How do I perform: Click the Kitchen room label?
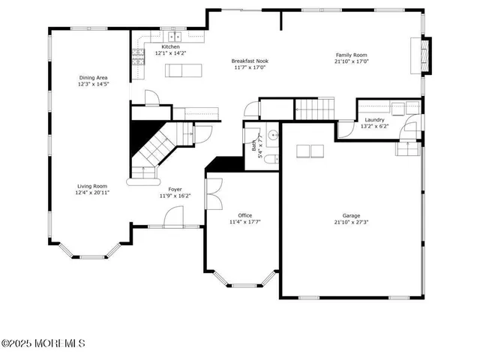[170, 46]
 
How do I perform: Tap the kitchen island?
[184, 70]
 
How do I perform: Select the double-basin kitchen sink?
[175, 36]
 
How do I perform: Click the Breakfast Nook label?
[250, 61]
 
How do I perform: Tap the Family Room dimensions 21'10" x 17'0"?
[351, 62]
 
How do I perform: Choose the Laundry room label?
[375, 120]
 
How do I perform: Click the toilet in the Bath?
[274, 157]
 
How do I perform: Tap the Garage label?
[351, 215]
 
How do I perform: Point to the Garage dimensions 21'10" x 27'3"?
[351, 223]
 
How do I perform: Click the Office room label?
[244, 214]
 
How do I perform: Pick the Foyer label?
[175, 189]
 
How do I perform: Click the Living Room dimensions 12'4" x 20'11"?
[91, 193]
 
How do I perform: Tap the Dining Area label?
[94, 77]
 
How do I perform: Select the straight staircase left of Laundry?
[310, 109]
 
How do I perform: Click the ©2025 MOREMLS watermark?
[43, 343]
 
